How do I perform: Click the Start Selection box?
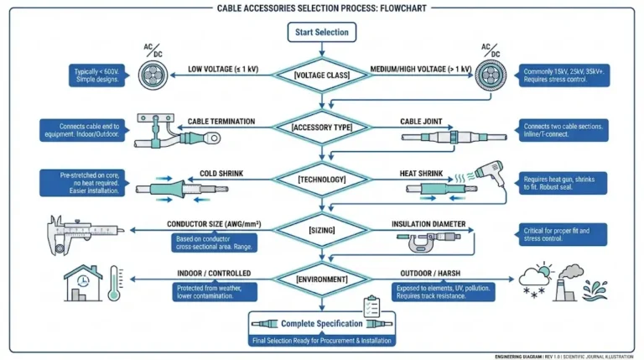[x=322, y=33]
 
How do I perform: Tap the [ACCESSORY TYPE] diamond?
[x=322, y=128]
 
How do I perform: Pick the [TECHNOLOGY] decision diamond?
[x=322, y=180]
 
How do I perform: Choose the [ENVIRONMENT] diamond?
[x=322, y=279]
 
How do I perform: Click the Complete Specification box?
[x=322, y=323]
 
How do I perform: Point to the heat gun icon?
[x=486, y=174]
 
